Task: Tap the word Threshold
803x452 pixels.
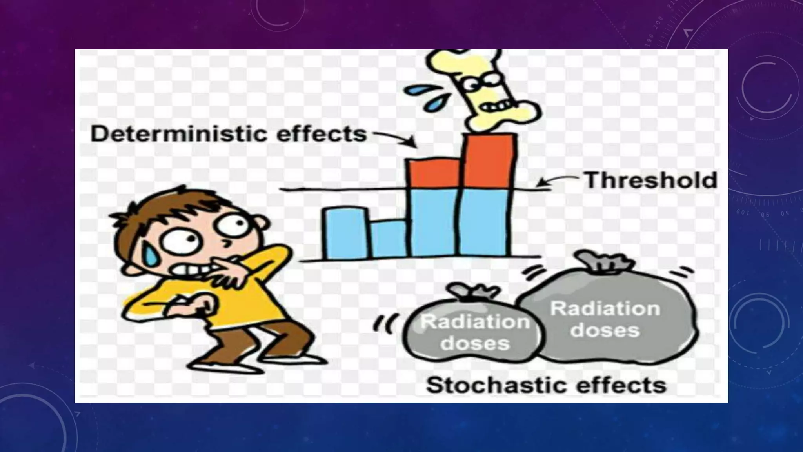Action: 650,180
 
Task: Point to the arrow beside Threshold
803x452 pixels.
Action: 557,181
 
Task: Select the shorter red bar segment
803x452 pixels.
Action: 434,173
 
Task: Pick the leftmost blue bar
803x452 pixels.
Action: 345,233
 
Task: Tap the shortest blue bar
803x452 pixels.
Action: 389,239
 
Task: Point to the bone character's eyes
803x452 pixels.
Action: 481,83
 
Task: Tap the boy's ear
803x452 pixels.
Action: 262,224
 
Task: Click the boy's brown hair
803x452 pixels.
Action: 165,208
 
